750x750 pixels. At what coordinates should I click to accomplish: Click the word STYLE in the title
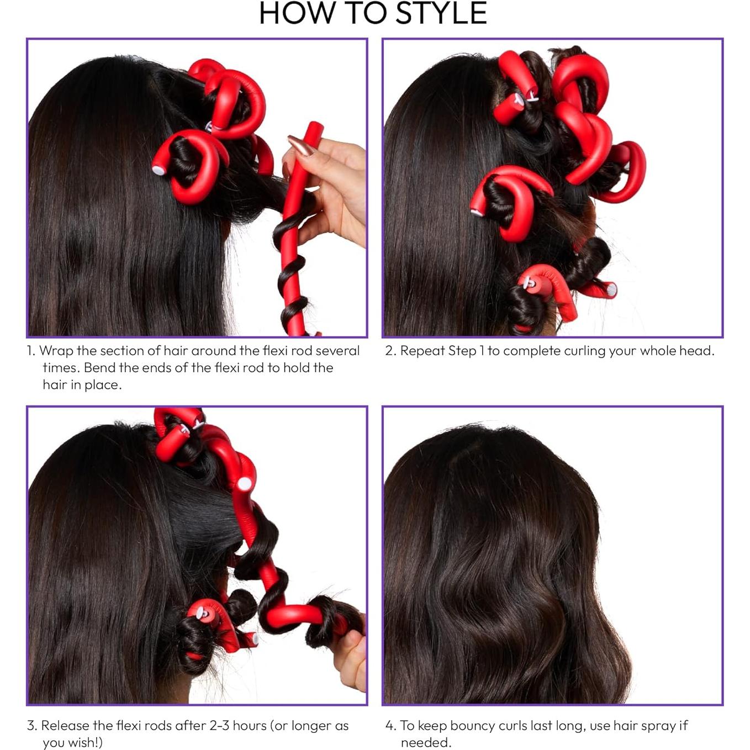pos(441,13)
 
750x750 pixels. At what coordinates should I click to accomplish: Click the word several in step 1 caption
pos(337,351)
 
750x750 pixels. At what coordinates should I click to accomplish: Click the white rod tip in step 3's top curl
pos(244,484)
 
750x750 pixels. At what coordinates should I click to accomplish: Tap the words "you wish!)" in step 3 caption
pos(73,743)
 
